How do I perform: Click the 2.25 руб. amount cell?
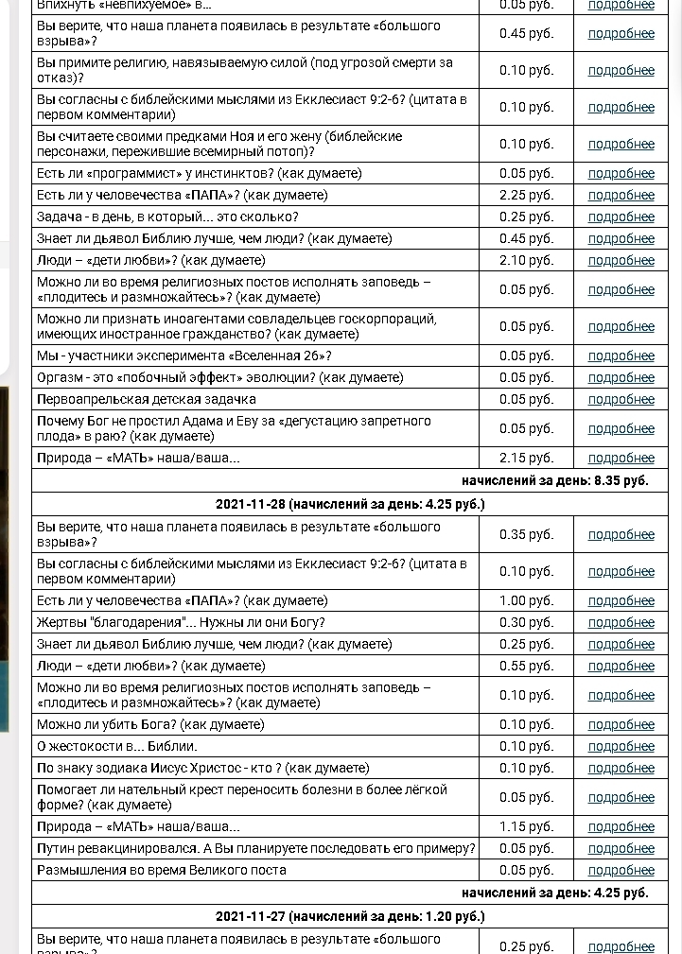[x=526, y=195]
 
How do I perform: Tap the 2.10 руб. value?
[x=526, y=260]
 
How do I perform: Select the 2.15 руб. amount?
[x=526, y=458]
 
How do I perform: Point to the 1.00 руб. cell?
[x=526, y=600]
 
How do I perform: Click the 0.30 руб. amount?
[x=526, y=622]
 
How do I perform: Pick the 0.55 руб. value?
[x=526, y=666]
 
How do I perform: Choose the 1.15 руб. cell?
[x=526, y=826]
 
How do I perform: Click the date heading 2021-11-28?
[x=349, y=504]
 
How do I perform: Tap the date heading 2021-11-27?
[x=349, y=915]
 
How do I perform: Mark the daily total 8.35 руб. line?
[x=555, y=480]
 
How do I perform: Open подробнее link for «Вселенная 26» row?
[x=621, y=356]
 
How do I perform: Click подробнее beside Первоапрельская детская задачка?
[x=621, y=399]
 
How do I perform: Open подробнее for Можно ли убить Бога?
[x=621, y=724]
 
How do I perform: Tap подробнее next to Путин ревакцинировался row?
[x=621, y=848]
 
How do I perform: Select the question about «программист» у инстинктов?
[x=199, y=173]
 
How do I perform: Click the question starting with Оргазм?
[x=219, y=377]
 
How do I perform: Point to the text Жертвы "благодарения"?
[x=181, y=622]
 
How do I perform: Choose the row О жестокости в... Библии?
[x=116, y=746]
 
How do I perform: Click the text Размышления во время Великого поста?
[x=161, y=870]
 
